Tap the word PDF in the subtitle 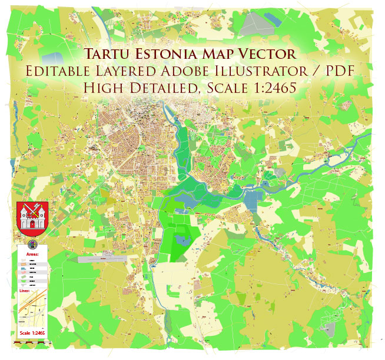click(x=343, y=72)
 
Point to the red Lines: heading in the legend click(x=25, y=291)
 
